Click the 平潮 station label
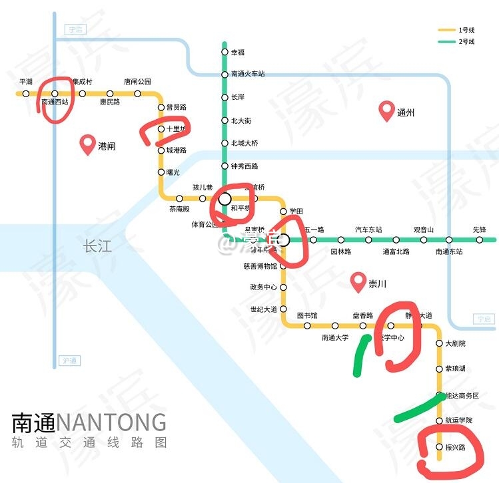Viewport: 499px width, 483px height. [26, 82]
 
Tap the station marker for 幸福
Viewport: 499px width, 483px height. [225, 52]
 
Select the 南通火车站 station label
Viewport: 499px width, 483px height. [248, 74]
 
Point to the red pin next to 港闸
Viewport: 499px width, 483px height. [87, 144]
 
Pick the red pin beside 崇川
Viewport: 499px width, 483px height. [359, 283]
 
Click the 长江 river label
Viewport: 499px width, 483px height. [97, 247]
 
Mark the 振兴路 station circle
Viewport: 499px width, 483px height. [439, 446]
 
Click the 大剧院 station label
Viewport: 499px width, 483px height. [455, 343]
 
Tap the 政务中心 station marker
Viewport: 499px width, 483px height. [283, 287]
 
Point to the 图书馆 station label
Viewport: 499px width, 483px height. [307, 315]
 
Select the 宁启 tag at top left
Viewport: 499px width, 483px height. [73, 30]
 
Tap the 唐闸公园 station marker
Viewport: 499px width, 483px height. [138, 94]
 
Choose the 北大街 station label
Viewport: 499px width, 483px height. [241, 121]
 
